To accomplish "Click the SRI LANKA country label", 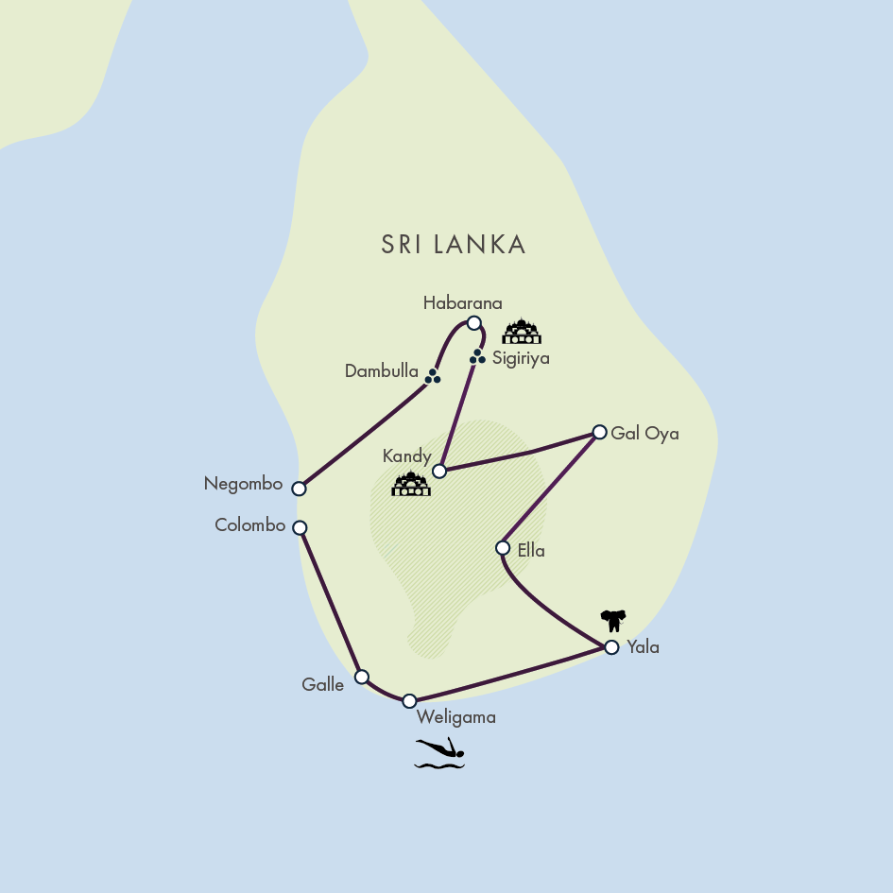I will (x=454, y=245).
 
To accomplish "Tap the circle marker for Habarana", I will (x=474, y=323).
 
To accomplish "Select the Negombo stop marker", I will (x=299, y=489).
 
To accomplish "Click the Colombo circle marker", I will (x=300, y=527).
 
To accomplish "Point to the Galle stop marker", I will (x=361, y=677).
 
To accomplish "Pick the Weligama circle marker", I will (x=409, y=701).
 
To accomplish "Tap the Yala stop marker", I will (x=611, y=647).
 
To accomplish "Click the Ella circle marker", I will (x=503, y=547).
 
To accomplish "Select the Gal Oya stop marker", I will (x=599, y=432).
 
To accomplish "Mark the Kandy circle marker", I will (x=438, y=471).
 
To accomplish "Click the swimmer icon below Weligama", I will (x=440, y=753).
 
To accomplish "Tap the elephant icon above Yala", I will (x=613, y=620).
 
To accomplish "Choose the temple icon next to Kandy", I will (x=411, y=485).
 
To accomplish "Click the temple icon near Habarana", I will (x=522, y=332).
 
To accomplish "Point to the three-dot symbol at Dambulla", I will (x=433, y=376).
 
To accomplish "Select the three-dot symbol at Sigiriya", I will (x=477, y=356).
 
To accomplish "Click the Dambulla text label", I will (x=381, y=371).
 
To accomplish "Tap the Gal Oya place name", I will (x=644, y=434).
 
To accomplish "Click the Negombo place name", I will (x=243, y=484).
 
